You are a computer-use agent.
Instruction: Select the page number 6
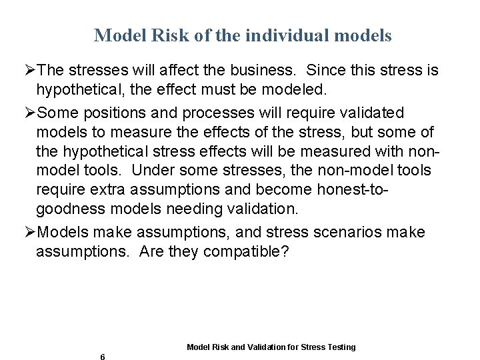click(x=102, y=357)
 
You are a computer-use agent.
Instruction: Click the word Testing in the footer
click(x=341, y=347)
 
